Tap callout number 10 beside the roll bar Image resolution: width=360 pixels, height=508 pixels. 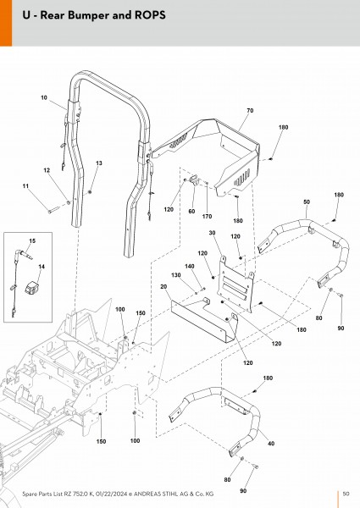pos(44,97)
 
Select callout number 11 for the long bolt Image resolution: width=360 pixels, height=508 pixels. pos(25,186)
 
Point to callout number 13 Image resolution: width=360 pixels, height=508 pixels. pos(99,163)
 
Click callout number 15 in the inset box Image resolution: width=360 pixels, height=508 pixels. pos(32,241)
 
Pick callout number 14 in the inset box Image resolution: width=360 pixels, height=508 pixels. pos(42,267)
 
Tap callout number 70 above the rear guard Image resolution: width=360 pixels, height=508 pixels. pos(250,110)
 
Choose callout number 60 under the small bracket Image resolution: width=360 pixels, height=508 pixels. pos(191,211)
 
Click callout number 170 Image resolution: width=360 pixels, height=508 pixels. pos(207,217)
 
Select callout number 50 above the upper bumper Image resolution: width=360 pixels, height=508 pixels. pos(307,202)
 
